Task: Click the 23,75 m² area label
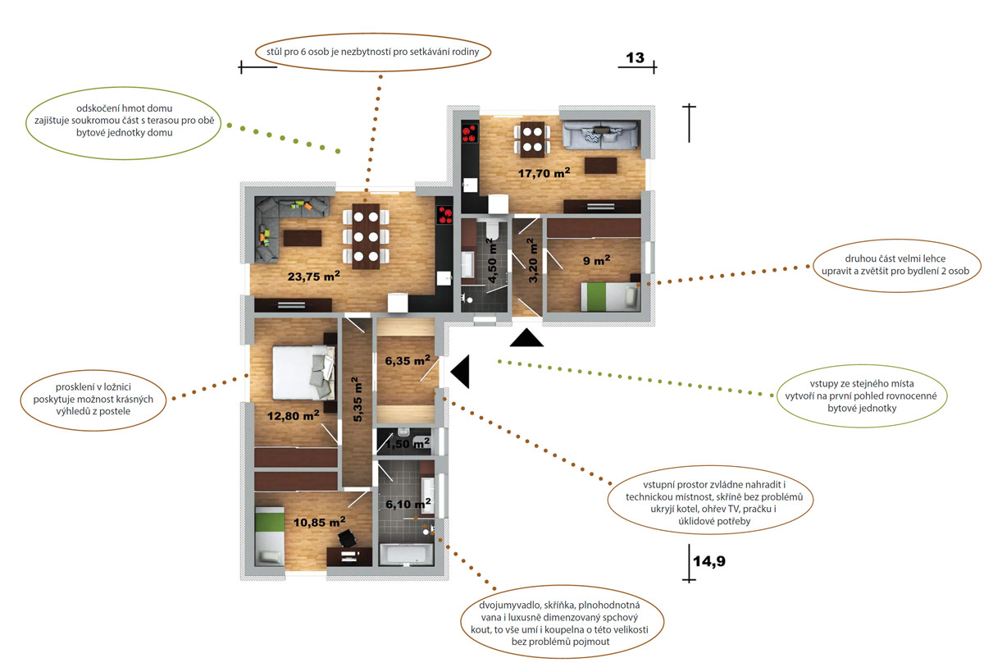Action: [313, 276]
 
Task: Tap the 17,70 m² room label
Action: [544, 173]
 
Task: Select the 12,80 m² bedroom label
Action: [293, 415]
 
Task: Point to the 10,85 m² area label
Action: [319, 522]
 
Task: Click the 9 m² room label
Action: [597, 260]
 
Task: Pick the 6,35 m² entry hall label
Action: [408, 361]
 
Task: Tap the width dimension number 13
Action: [635, 57]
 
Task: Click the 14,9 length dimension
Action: [709, 561]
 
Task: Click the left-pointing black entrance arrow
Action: [460, 372]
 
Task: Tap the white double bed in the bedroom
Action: [303, 373]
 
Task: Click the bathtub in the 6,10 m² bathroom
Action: [407, 555]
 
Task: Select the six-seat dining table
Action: [366, 236]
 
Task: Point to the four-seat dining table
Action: [532, 139]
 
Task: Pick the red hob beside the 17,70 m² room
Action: [470, 134]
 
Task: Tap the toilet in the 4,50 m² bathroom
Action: [493, 230]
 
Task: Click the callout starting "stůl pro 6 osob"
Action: [373, 52]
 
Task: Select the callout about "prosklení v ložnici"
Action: [93, 400]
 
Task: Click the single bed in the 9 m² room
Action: [610, 297]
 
